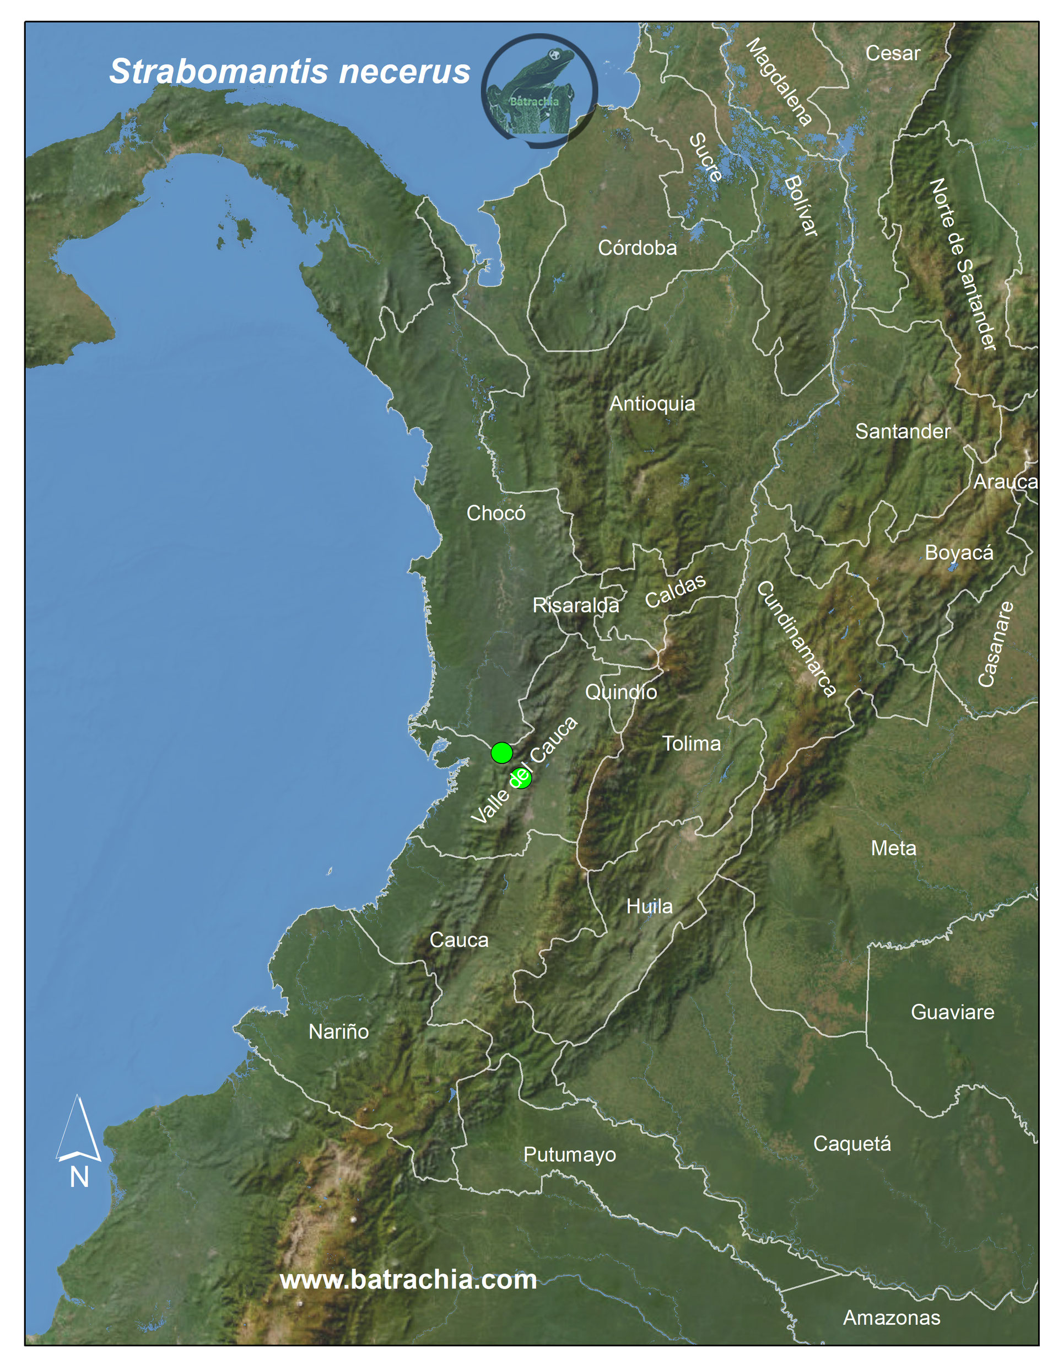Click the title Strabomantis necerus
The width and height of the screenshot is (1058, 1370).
[x=289, y=72]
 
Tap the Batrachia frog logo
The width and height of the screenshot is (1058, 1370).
[x=539, y=91]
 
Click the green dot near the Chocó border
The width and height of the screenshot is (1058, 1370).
[x=501, y=752]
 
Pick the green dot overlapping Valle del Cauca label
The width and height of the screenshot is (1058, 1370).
[x=521, y=778]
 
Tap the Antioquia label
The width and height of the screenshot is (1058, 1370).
[x=652, y=404]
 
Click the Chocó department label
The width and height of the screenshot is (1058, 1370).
[x=495, y=513]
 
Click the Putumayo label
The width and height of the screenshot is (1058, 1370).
[x=569, y=1154]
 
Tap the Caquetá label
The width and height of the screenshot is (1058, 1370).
[x=852, y=1143]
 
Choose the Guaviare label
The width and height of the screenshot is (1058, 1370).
[x=952, y=1012]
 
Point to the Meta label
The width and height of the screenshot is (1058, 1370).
[x=893, y=848]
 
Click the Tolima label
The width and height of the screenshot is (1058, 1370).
[x=692, y=743]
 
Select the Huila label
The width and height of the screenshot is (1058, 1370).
[x=649, y=906]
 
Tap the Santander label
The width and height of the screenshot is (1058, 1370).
[x=903, y=431]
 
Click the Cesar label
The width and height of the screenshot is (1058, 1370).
[x=893, y=53]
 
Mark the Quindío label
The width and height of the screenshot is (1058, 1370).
[x=621, y=692]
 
